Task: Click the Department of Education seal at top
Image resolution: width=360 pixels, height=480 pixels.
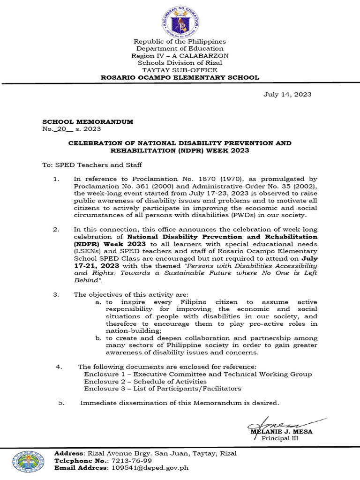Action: point(180,19)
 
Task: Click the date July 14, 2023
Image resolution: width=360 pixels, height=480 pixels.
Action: point(287,94)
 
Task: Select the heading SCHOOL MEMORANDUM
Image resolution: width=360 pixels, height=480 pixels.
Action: point(88,121)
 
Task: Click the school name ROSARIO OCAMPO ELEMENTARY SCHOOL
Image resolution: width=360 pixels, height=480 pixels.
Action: point(180,77)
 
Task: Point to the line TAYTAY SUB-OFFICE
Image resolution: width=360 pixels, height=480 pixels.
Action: point(180,70)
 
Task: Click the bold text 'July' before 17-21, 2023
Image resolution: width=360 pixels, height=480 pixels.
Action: point(309,258)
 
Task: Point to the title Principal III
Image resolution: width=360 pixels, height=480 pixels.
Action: point(280,438)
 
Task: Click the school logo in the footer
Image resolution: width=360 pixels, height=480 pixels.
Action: point(29,461)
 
